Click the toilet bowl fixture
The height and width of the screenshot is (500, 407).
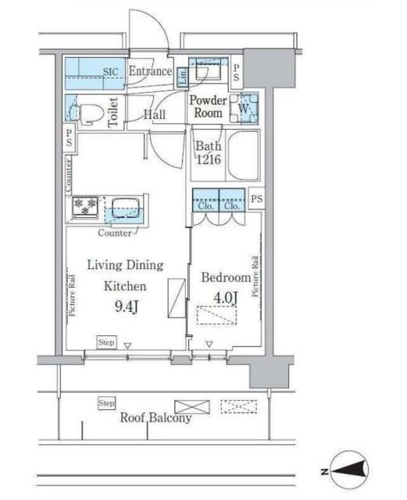[x=91, y=112]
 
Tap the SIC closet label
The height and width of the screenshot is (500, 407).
[x=111, y=72]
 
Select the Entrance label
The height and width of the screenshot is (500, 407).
[x=150, y=71]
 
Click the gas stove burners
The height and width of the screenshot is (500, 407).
[x=85, y=206]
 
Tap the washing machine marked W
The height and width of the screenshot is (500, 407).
[x=244, y=109]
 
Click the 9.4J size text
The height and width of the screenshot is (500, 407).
[x=127, y=306]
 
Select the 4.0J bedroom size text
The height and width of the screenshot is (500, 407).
[x=226, y=298]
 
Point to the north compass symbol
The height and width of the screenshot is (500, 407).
[x=348, y=470]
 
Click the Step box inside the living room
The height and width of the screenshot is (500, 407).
[x=106, y=342]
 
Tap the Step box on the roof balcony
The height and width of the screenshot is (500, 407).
[x=106, y=403]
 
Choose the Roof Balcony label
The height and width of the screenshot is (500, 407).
[x=156, y=417]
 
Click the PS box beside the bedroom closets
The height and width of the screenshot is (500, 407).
[x=256, y=198]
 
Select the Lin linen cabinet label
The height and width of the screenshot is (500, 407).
[x=183, y=77]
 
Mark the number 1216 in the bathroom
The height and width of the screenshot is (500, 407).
[x=209, y=159]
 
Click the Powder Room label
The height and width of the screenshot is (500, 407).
[x=208, y=106]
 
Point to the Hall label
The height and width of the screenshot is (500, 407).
[x=155, y=115]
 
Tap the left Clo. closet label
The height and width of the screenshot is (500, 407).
[x=205, y=206]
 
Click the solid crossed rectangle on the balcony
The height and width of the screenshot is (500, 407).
[x=192, y=407]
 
